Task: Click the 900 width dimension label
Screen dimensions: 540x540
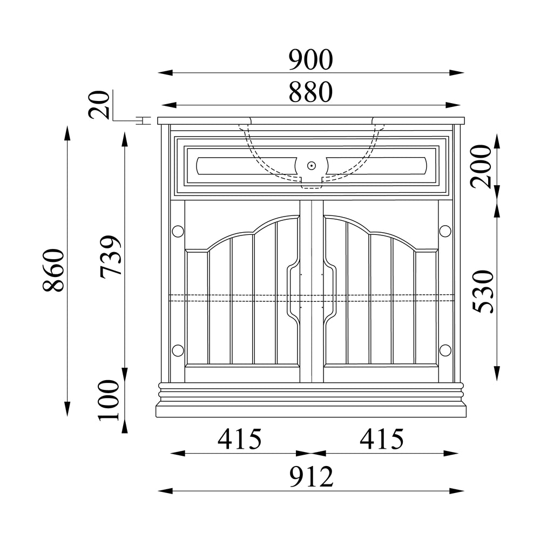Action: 310,60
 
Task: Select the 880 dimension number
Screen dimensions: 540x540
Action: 310,92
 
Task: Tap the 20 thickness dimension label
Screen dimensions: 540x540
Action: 99,105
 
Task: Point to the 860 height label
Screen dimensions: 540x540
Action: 53,270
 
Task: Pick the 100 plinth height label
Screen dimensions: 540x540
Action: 109,400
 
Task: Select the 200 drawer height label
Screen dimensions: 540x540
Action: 481,167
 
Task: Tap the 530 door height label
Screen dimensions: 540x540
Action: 483,292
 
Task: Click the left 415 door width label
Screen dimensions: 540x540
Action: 240,439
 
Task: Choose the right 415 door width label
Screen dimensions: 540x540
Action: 382,439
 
